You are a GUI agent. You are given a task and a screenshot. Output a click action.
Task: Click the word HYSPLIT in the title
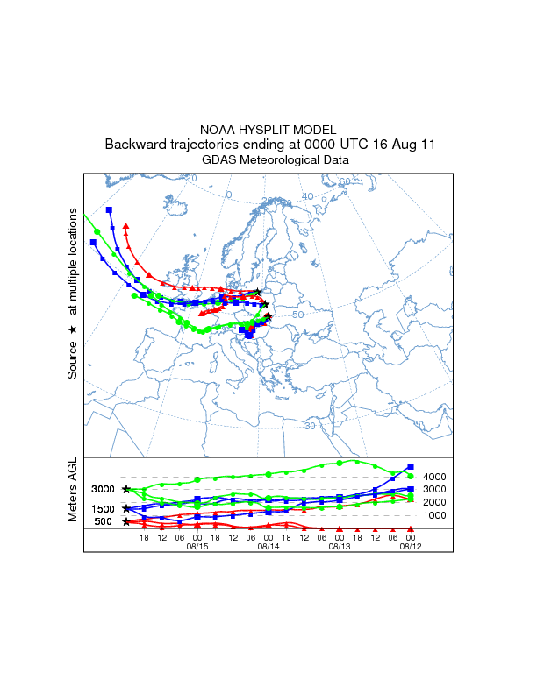click(x=268, y=129)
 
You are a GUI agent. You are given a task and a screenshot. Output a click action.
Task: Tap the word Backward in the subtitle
click(x=134, y=145)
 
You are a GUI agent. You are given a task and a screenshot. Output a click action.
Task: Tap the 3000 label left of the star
click(x=104, y=489)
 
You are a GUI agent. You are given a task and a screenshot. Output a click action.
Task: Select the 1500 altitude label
click(x=104, y=508)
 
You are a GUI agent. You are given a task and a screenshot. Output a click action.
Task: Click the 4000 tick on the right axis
click(x=436, y=477)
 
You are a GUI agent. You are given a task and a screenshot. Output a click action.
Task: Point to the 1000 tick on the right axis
click(x=436, y=515)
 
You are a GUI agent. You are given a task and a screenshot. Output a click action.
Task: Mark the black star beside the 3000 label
click(x=126, y=489)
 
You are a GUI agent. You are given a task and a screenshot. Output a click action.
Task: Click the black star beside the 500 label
click(x=126, y=521)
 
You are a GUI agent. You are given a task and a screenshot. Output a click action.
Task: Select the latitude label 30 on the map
click(x=310, y=426)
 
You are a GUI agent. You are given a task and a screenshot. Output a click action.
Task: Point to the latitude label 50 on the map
click(x=297, y=314)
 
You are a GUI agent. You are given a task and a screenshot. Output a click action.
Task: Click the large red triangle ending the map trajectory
click(x=126, y=226)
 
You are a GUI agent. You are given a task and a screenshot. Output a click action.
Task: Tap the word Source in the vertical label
click(x=74, y=359)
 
